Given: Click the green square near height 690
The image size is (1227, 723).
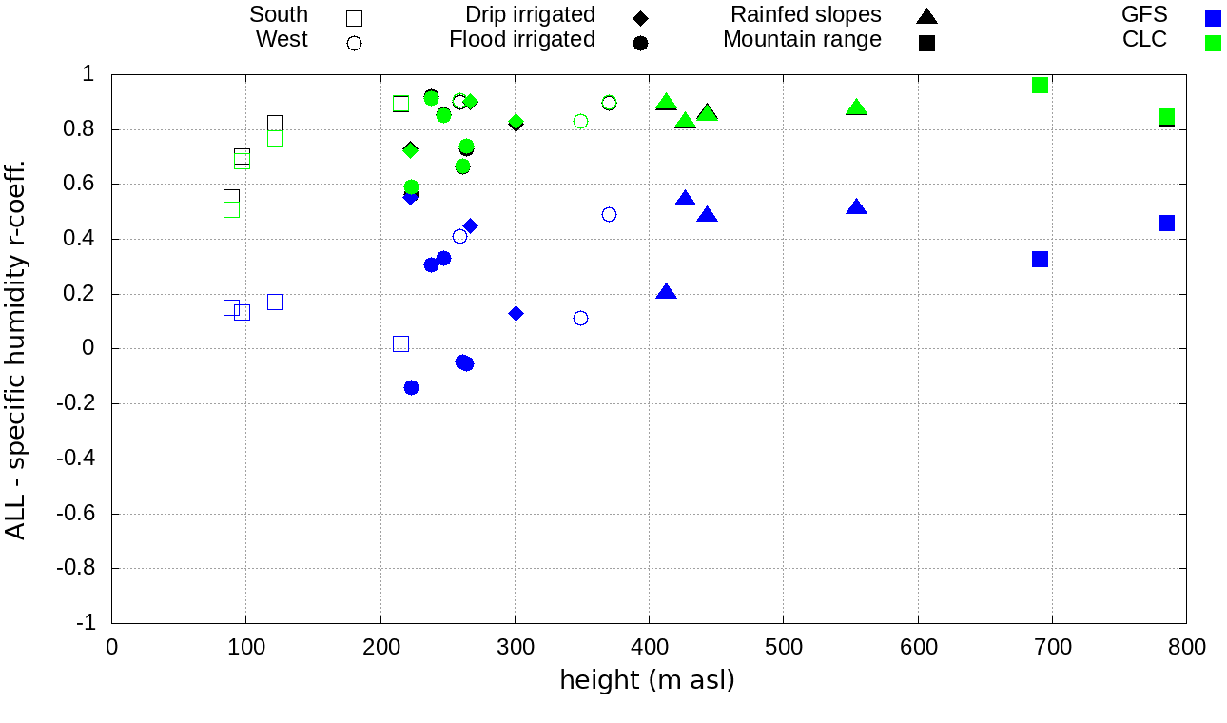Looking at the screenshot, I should pyautogui.click(x=1040, y=85).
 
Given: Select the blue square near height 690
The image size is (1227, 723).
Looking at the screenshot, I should pyautogui.click(x=1040, y=259).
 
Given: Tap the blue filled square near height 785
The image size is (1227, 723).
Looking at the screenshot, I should pyautogui.click(x=1166, y=223).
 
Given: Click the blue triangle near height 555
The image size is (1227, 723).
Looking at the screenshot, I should pyautogui.click(x=856, y=207).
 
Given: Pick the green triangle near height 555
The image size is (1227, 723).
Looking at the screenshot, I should pyautogui.click(x=856, y=107).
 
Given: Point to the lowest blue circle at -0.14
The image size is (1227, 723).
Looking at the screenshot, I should pyautogui.click(x=411, y=387).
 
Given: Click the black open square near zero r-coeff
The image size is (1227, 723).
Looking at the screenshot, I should pyautogui.click(x=400, y=343).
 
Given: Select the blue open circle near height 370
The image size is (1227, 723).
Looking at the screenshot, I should pyautogui.click(x=609, y=214).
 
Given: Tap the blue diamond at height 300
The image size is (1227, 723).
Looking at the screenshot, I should pyautogui.click(x=516, y=313).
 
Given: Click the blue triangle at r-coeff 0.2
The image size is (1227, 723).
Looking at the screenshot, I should pyautogui.click(x=666, y=292).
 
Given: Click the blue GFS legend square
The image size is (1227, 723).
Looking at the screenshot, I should pyautogui.click(x=1212, y=16).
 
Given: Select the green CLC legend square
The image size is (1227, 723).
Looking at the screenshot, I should pyautogui.click(x=1212, y=42).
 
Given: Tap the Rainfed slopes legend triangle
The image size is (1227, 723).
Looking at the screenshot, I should pyautogui.click(x=926, y=16).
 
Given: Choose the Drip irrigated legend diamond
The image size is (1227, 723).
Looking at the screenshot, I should pyautogui.click(x=640, y=17).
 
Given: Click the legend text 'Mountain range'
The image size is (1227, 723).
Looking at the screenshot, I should pyautogui.click(x=802, y=40).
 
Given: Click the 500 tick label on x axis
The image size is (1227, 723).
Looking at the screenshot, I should pyautogui.click(x=783, y=648).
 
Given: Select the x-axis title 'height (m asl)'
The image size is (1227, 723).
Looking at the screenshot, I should pyautogui.click(x=647, y=680).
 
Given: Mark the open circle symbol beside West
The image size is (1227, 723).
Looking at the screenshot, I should pyautogui.click(x=354, y=43).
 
